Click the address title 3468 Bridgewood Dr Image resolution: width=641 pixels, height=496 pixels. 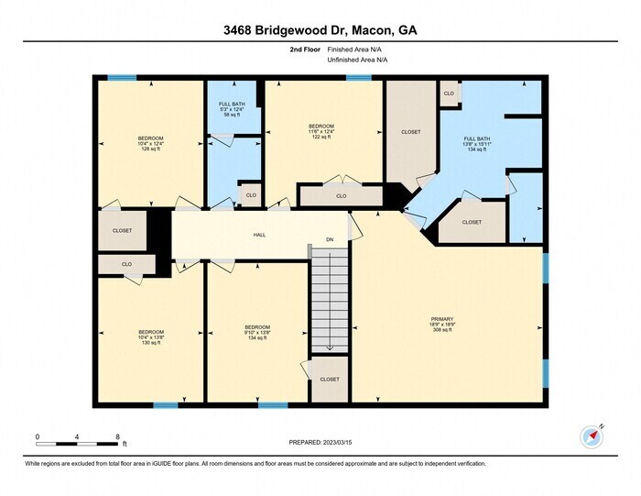click(320, 30)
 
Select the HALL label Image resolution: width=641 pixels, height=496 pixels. click(260, 235)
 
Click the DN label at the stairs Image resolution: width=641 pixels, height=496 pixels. click(330, 241)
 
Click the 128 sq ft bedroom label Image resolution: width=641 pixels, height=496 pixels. click(151, 144)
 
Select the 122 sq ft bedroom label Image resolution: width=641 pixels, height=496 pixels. click(320, 131)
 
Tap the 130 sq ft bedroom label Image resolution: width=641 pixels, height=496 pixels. click(151, 336)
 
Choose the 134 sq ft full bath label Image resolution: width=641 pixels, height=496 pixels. click(477, 144)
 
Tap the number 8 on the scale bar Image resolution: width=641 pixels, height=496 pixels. click(117, 436)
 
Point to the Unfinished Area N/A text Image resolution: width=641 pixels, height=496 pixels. click(357, 61)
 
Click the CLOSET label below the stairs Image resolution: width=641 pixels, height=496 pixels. click(329, 379)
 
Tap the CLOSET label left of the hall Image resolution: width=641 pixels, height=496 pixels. click(122, 230)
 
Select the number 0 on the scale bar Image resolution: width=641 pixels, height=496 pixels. click(38, 436)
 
